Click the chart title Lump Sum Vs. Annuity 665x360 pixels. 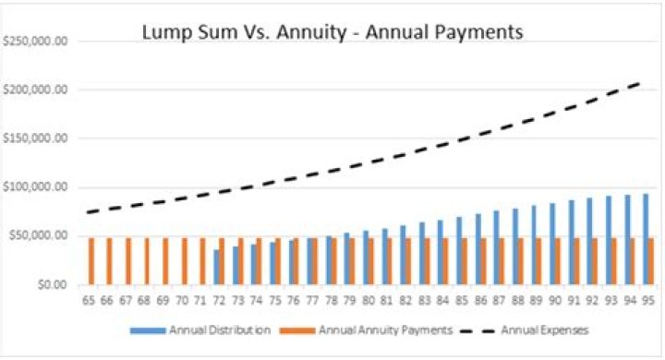[332, 32]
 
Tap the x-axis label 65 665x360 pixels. [90, 300]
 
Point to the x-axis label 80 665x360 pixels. [369, 300]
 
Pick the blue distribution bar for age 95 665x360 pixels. [644, 239]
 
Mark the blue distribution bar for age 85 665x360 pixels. [458, 250]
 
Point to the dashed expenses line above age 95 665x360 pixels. [643, 83]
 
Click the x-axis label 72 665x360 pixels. [220, 300]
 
